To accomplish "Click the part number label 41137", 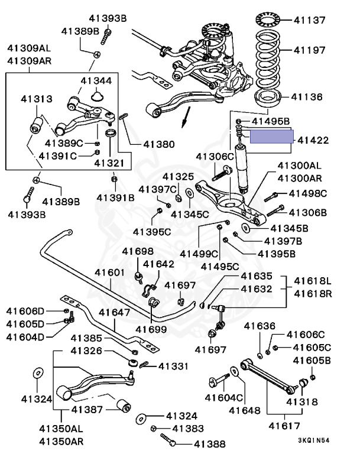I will click(309, 20).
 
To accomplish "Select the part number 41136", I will click(307, 96).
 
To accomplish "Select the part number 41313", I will click(37, 99).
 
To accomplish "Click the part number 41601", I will click(110, 273).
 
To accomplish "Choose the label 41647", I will click(114, 312).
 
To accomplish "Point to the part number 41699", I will click(152, 328).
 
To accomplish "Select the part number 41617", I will click(280, 424).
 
